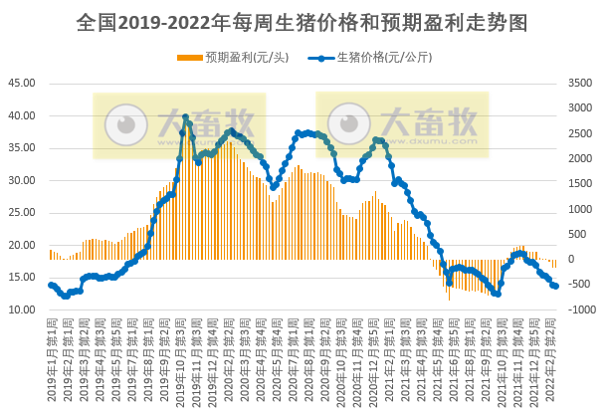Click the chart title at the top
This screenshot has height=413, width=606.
[303, 22]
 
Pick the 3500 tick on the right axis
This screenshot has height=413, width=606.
[580, 84]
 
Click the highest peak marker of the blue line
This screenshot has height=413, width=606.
[185, 117]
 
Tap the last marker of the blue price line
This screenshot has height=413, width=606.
[555, 287]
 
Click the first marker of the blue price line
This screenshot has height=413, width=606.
[51, 286]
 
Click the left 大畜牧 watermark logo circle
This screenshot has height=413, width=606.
[123, 125]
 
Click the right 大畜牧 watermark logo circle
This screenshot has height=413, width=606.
[348, 125]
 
